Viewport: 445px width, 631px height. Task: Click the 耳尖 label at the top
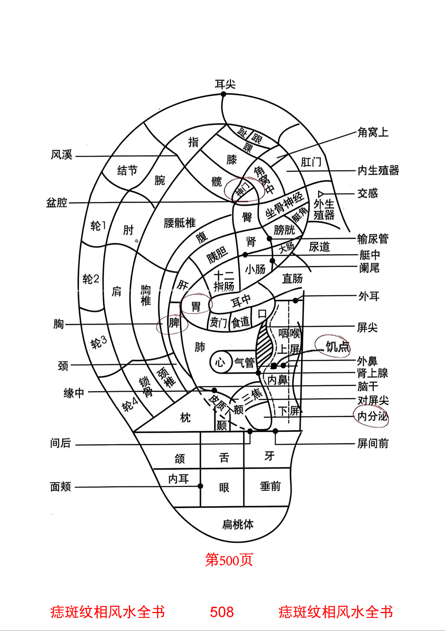(x=225, y=85)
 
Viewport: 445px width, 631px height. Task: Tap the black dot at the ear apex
(x=224, y=94)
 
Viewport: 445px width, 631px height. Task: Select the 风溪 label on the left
(x=62, y=155)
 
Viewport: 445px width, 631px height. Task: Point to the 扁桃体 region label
(x=238, y=525)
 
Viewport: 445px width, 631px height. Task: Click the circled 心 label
(x=220, y=362)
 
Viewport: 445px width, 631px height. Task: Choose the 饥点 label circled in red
(x=337, y=347)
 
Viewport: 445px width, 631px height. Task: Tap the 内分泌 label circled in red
(x=372, y=417)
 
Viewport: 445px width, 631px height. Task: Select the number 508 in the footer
(x=222, y=612)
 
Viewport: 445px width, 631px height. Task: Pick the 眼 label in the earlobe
(x=224, y=488)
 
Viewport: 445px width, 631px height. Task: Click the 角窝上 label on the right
(x=373, y=133)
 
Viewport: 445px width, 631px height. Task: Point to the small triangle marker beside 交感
(x=321, y=194)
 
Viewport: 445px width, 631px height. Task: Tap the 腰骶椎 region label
(x=179, y=223)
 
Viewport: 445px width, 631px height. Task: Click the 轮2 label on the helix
(x=91, y=279)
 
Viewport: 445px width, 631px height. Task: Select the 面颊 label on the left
(x=61, y=487)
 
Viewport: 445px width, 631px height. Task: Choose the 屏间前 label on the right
(x=373, y=444)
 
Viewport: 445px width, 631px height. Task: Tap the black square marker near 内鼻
(x=274, y=366)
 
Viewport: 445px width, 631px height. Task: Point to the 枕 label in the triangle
(x=185, y=418)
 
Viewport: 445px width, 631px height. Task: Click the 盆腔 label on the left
(x=57, y=203)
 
